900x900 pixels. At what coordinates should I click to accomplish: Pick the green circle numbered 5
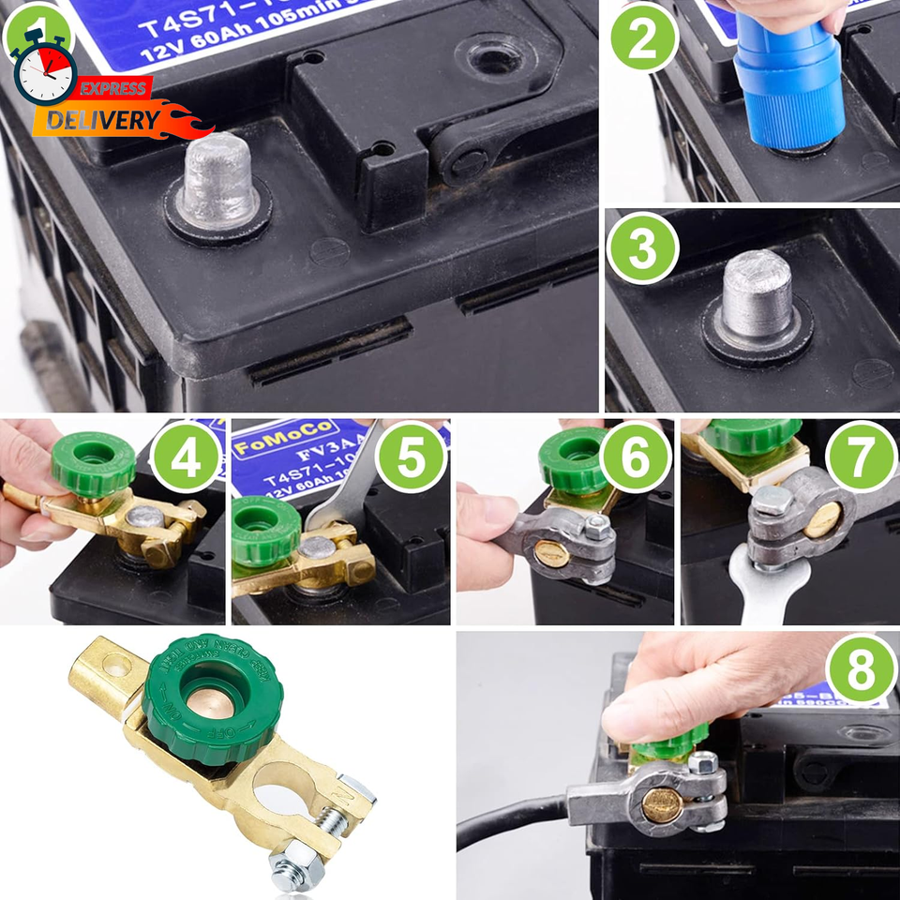411,457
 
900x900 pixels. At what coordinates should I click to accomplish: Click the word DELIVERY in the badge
90,120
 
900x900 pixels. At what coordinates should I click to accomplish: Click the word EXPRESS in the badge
112,89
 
